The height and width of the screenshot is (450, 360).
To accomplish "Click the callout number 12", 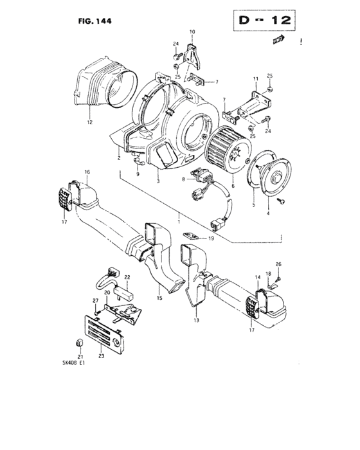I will (x=90, y=122).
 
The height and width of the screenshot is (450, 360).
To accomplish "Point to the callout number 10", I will (x=191, y=32).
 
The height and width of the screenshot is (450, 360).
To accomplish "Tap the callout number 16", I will (x=87, y=172).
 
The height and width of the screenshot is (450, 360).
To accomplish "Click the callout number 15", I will (x=160, y=298).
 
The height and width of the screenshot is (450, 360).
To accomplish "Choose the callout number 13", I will (x=197, y=319).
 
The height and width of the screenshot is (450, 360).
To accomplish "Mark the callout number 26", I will (x=278, y=264).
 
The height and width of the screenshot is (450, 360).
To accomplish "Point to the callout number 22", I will (x=127, y=277).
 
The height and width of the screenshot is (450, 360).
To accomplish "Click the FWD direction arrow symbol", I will (x=278, y=40).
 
